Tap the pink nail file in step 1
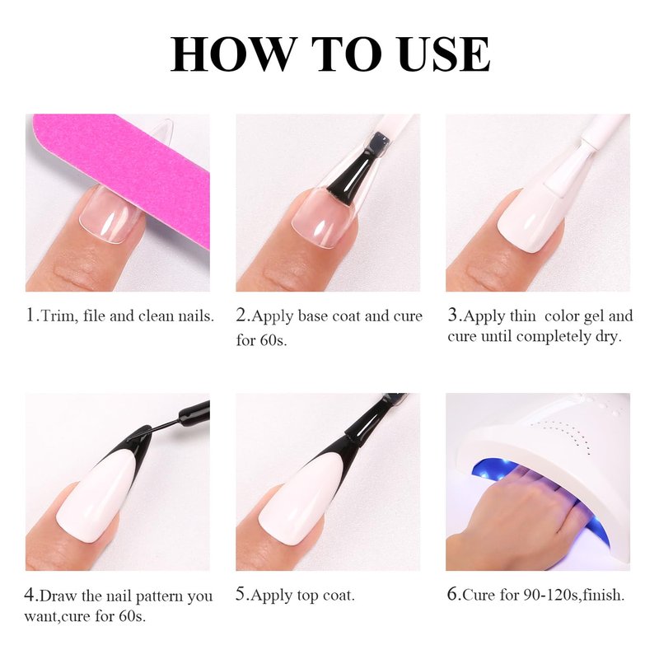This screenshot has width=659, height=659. (126, 168)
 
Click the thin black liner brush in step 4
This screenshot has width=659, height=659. (168, 424)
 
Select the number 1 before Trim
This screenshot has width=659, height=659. (30, 315)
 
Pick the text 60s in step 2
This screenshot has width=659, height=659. (273, 339)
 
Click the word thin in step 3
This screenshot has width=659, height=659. (522, 315)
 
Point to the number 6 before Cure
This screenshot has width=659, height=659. (451, 594)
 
